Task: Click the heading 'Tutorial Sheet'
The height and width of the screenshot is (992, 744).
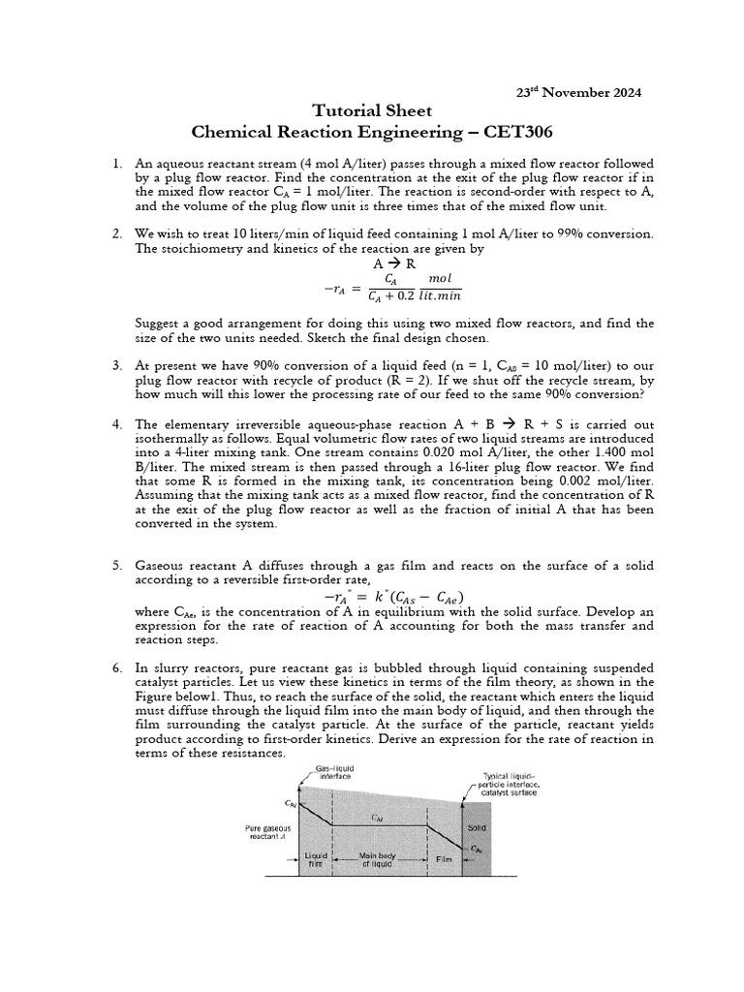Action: coord(373,110)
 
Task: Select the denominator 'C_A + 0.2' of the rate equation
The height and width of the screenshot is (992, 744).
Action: coord(386,296)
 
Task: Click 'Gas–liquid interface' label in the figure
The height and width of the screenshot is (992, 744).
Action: coord(333,771)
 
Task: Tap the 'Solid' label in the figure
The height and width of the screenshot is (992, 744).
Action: coord(477,829)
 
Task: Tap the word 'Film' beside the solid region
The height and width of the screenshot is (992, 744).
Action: coord(445,859)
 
